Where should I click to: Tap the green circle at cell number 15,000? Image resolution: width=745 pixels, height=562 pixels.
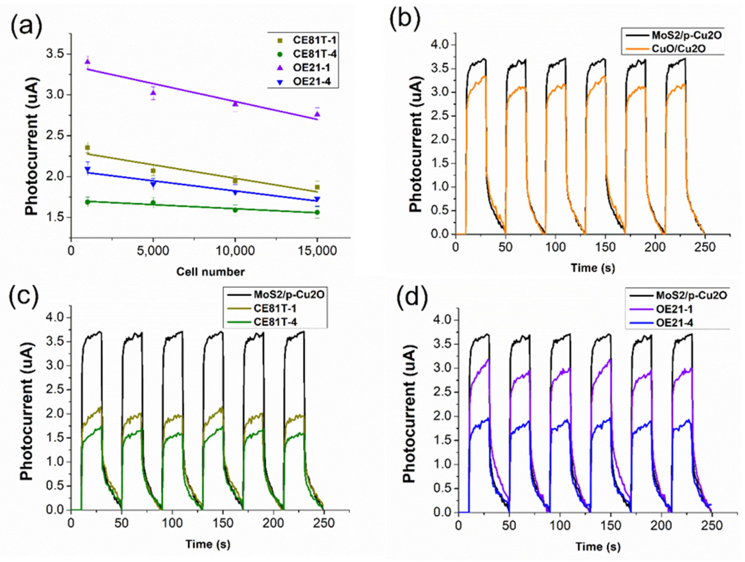click(x=317, y=212)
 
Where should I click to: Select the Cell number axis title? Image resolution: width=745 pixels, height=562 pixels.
click(x=211, y=272)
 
